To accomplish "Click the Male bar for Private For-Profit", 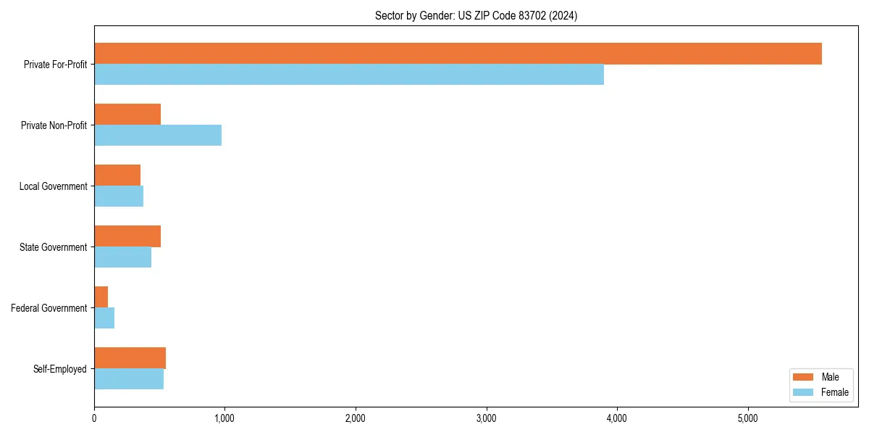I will [458, 54].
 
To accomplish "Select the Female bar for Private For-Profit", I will [349, 75].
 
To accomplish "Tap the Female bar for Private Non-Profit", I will [158, 136].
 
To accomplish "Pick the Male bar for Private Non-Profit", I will [127, 115].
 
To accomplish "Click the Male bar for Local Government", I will [117, 175].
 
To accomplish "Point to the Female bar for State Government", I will [122, 257].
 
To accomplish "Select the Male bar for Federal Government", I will [101, 297].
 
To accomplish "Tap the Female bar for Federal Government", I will [104, 318].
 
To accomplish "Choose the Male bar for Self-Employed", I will [130, 358].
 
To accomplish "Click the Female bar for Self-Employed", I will [129, 379].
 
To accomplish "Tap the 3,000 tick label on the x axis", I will [486, 418].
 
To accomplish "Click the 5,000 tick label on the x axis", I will [747, 418].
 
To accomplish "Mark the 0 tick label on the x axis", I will [94, 418].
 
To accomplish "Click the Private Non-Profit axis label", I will [54, 125].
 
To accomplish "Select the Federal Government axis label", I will [49, 308].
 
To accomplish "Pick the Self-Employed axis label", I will [60, 369].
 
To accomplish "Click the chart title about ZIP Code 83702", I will [476, 15].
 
